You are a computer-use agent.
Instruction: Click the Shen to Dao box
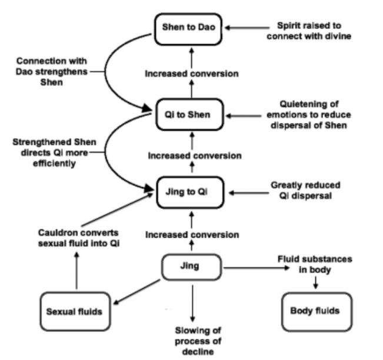coord(191,26)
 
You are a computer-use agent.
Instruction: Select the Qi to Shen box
coord(190,114)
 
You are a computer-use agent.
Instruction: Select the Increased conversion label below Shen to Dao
coord(192,74)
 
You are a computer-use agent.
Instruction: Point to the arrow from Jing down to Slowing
coord(192,300)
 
